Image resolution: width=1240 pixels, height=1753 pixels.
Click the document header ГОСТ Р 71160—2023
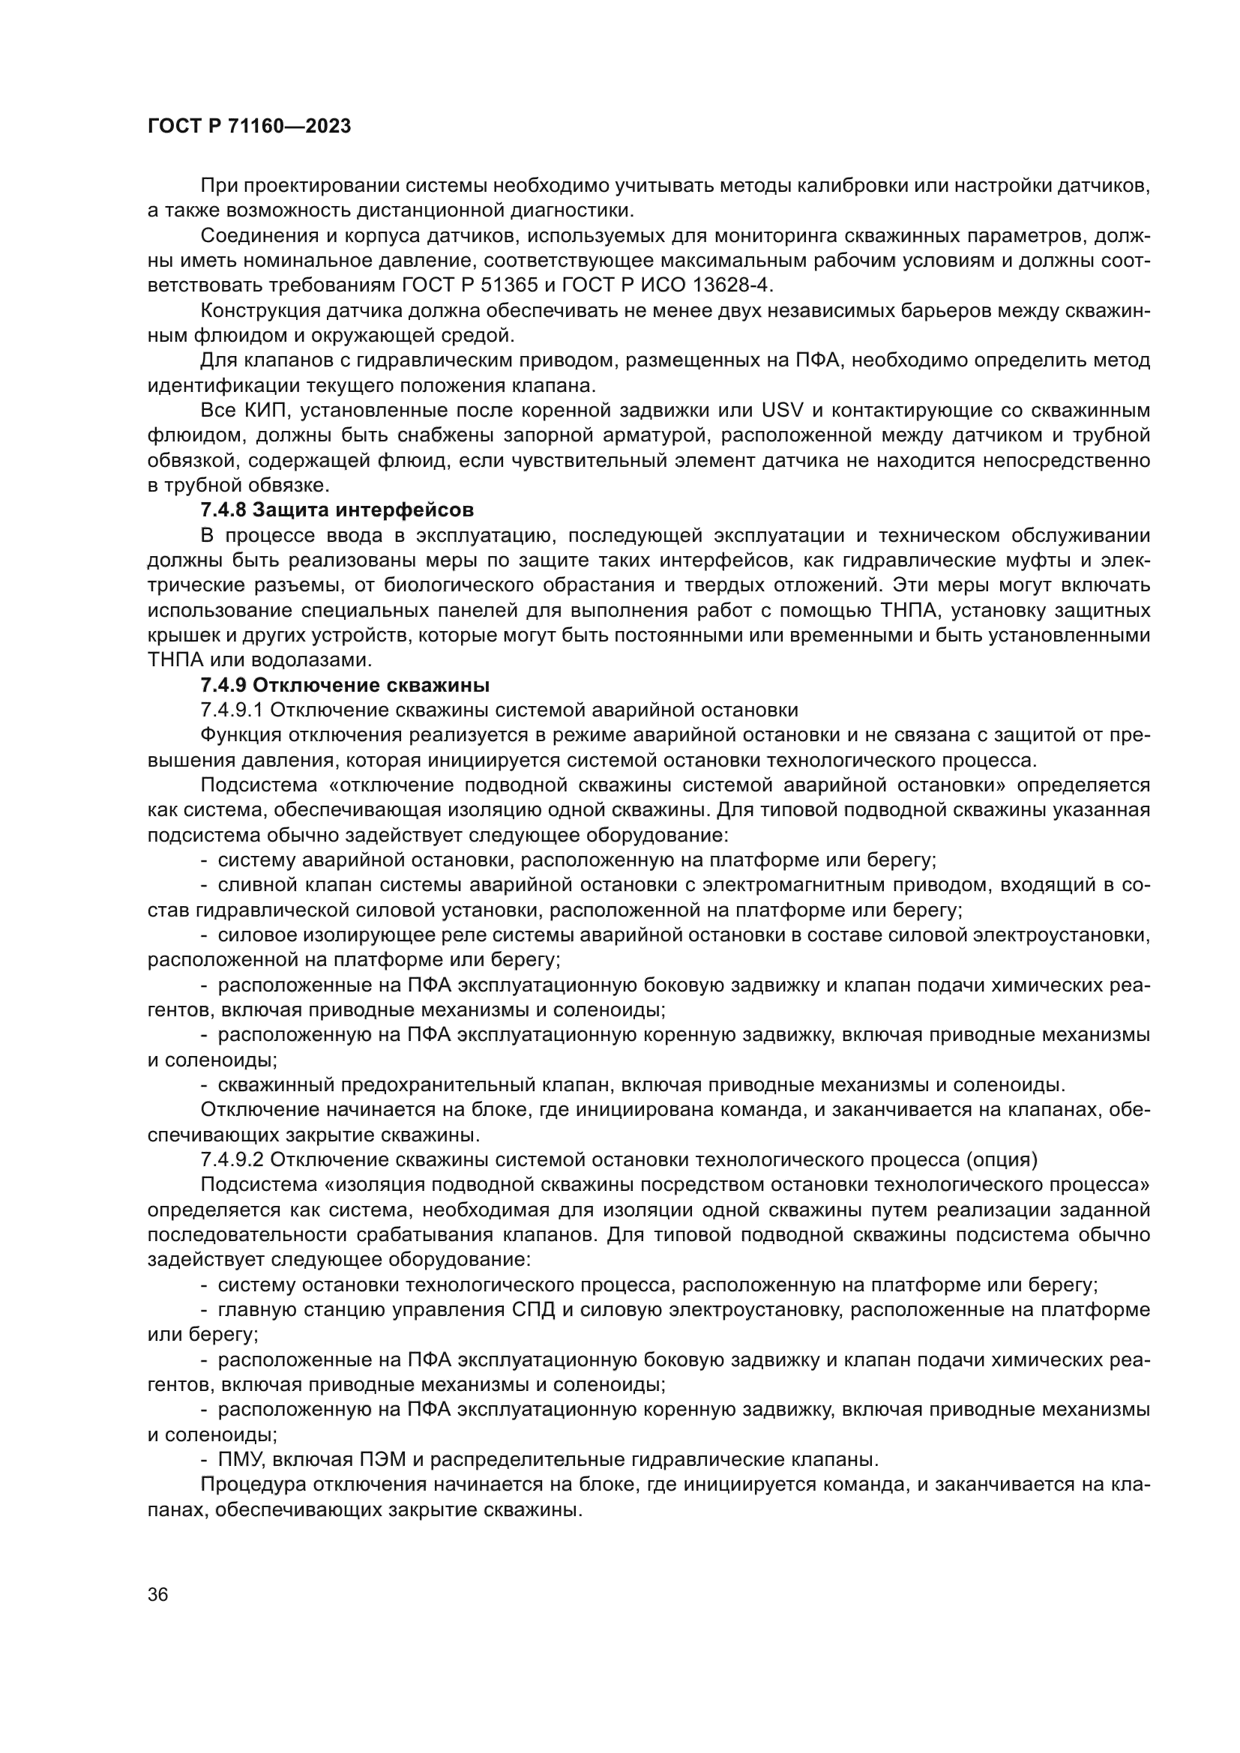tap(249, 127)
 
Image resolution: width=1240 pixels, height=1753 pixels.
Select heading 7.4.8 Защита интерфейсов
tap(337, 509)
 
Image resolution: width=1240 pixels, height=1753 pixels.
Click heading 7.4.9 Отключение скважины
tap(344, 684)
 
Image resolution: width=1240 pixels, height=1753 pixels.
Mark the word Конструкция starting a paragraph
tap(256, 311)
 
